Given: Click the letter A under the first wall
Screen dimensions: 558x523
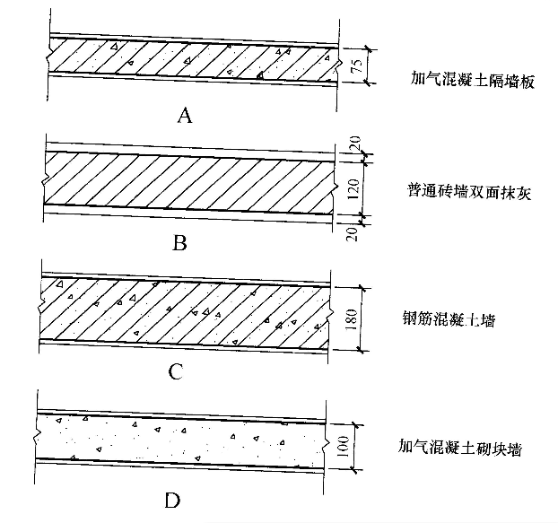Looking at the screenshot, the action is point(184,116).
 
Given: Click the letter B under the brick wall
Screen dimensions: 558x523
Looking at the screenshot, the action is point(179,244).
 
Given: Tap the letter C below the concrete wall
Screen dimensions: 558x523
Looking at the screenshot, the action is point(176,371).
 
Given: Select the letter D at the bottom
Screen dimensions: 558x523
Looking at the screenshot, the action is point(172,501).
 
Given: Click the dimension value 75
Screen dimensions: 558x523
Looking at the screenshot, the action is point(357,65).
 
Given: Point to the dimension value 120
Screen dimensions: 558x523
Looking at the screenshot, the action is point(353,188).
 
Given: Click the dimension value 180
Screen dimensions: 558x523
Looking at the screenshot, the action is point(351,319).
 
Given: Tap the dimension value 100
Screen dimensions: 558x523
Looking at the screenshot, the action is point(343,447).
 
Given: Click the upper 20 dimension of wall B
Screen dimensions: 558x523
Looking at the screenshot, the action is point(356,143).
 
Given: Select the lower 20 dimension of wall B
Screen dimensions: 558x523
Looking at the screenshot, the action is point(352,234).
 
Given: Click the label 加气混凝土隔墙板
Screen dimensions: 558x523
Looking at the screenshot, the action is point(473,80).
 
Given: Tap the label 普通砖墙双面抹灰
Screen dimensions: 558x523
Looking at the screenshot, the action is point(469,192).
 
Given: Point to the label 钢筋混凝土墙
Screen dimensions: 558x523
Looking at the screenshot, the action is point(449,319).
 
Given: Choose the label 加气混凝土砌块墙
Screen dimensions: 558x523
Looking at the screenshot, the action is point(460,448).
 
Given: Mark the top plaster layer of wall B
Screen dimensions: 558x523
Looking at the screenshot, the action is point(190,152).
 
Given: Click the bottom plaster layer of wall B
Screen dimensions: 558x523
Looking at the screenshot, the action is point(187,214).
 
